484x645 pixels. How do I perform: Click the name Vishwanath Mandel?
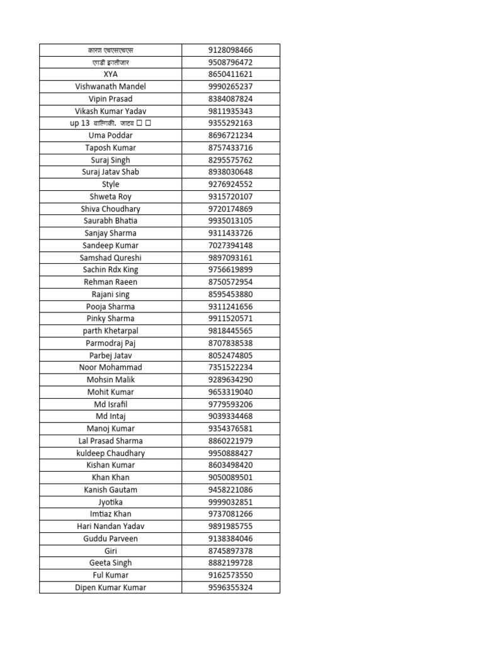[x=110, y=86]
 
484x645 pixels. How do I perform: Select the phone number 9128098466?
[x=230, y=50]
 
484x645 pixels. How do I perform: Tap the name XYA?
[x=110, y=74]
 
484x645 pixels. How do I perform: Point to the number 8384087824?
[x=230, y=99]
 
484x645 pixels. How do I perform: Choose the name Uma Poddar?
[x=110, y=135]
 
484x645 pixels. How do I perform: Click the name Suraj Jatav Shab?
[x=110, y=172]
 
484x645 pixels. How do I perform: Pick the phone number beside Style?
[x=230, y=185]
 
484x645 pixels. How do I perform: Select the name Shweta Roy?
[x=110, y=197]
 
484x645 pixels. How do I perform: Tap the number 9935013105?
[x=230, y=221]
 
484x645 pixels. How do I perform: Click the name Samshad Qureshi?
[x=110, y=258]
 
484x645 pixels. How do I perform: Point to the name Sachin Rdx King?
[x=110, y=270]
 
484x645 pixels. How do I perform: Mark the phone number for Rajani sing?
[x=230, y=294]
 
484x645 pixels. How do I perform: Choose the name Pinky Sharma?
[x=110, y=319]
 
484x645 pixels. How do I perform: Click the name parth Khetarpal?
[x=110, y=331]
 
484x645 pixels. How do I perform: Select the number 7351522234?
[x=230, y=367]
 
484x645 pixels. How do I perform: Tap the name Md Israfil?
[x=110, y=404]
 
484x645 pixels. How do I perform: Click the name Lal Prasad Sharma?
[x=110, y=441]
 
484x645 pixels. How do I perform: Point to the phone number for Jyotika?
[x=230, y=502]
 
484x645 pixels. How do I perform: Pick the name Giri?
[x=110, y=551]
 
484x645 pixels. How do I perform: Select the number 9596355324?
[x=230, y=588]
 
